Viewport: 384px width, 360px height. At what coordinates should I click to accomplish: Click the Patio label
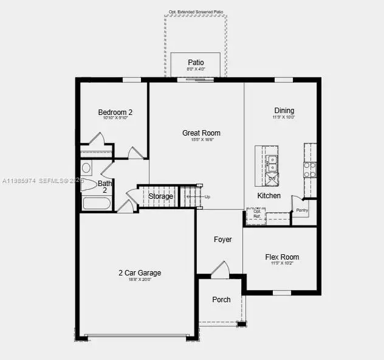click(196, 63)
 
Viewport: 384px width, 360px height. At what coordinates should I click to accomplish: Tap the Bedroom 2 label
click(115, 112)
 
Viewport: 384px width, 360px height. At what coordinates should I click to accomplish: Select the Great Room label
click(201, 133)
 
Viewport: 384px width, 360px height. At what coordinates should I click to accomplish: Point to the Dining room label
click(284, 111)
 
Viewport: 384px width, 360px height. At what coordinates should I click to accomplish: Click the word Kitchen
click(269, 196)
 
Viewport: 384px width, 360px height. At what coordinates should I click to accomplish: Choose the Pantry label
click(301, 211)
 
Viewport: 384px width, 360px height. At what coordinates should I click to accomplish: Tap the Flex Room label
click(282, 257)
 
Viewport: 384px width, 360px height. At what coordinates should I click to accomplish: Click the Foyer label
click(223, 240)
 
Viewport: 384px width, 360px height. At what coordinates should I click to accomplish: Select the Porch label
click(221, 300)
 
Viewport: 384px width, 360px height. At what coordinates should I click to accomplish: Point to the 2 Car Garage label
click(140, 273)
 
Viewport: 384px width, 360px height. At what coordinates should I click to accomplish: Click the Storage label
click(161, 196)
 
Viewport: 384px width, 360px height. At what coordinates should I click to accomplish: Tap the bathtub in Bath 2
click(97, 203)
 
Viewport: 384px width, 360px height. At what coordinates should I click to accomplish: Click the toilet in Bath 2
click(88, 184)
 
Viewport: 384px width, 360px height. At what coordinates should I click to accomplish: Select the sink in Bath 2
click(86, 167)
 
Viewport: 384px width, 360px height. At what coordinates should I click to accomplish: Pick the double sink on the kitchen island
click(272, 163)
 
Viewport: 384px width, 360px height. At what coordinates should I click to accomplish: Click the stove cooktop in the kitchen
click(310, 169)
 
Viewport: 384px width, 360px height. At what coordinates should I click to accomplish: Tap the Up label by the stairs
click(207, 197)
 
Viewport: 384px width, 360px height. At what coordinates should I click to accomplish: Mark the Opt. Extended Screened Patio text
click(196, 12)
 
